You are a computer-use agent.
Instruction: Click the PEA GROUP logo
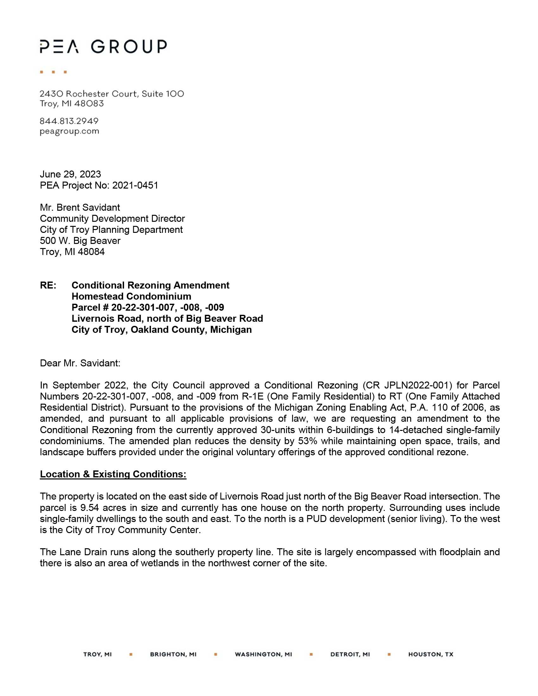[x=103, y=47]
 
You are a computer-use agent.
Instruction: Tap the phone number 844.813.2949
[x=69, y=121]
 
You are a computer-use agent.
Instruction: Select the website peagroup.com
[x=70, y=131]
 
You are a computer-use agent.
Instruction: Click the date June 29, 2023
[x=71, y=174]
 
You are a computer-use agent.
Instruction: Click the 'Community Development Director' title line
[x=112, y=219]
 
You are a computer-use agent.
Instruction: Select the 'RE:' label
[x=48, y=285]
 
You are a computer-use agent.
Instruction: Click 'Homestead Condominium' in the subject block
[x=131, y=296]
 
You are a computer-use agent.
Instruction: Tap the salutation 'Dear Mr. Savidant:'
[x=80, y=363]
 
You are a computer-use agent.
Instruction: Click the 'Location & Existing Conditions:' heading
[x=113, y=474]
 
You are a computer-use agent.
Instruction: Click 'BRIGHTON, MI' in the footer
[x=173, y=654]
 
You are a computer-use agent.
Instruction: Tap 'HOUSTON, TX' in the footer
[x=431, y=654]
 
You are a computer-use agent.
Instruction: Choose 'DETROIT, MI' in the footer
[x=350, y=654]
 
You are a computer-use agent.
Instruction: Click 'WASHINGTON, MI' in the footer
[x=263, y=654]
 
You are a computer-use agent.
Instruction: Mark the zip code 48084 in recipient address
[x=91, y=252]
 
